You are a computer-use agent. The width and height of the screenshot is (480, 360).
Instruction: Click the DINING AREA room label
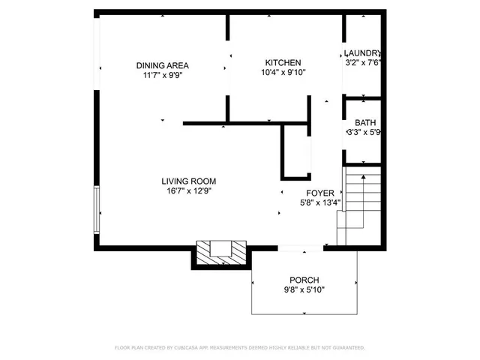(162, 65)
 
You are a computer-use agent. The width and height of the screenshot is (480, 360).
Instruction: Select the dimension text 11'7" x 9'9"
(162, 75)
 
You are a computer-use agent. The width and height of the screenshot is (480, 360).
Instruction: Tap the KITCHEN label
(283, 62)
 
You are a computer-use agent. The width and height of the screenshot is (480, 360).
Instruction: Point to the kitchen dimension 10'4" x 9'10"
(283, 73)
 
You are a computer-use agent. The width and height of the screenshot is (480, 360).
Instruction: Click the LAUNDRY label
(362, 53)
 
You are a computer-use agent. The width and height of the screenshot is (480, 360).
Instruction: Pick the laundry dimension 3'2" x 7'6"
(362, 63)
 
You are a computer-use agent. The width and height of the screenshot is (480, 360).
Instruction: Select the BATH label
(365, 123)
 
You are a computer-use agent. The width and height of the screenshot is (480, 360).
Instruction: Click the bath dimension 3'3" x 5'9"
(365, 133)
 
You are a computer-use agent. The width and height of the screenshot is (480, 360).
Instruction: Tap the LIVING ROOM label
(189, 181)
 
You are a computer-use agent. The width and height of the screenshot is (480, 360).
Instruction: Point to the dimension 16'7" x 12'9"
(189, 190)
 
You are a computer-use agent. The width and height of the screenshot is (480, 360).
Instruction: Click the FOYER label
(320, 193)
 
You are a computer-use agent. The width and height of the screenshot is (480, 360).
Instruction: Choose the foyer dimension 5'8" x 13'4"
(320, 202)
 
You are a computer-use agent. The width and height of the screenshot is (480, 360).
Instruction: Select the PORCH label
(304, 279)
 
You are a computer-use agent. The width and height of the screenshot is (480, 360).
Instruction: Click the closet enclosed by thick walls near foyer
(296, 152)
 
